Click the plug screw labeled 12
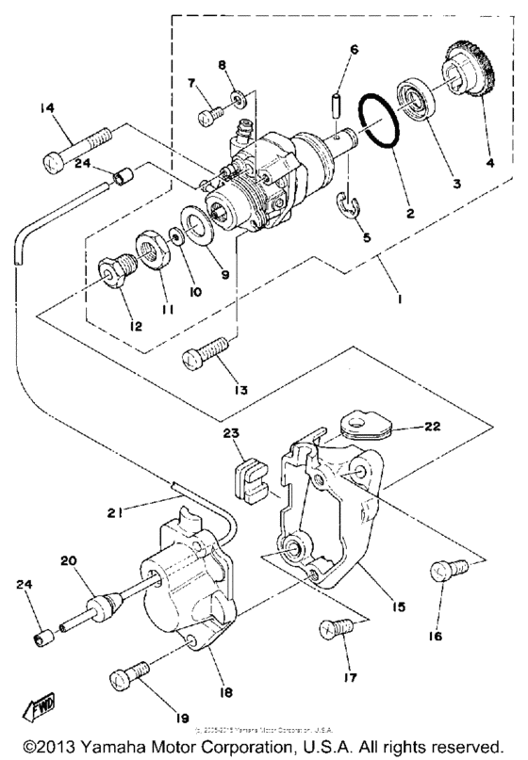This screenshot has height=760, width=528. tap(115, 273)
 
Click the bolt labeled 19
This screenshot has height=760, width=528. tap(126, 677)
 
